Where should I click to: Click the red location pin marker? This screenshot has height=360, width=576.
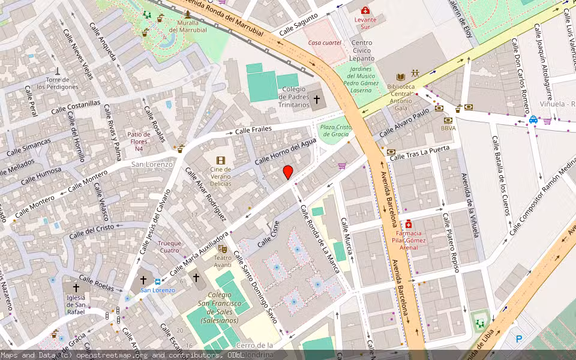pyautogui.click(x=288, y=172)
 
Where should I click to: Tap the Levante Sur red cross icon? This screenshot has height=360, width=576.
pyautogui.click(x=365, y=10)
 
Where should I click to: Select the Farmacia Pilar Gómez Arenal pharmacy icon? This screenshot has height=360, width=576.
pyautogui.click(x=409, y=224)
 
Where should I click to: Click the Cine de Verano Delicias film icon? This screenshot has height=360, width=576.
pyautogui.click(x=221, y=160)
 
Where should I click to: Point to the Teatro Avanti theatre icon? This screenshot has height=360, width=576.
pyautogui.click(x=223, y=248)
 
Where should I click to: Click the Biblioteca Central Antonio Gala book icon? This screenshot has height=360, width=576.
pyautogui.click(x=400, y=76)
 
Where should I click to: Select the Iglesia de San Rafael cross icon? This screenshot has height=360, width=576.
pyautogui.click(x=76, y=287)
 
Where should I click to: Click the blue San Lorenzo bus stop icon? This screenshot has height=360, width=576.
pyautogui.click(x=157, y=281)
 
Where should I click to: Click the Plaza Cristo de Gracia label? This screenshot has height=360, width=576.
pyautogui.click(x=335, y=130)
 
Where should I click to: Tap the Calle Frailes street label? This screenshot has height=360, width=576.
pyautogui.click(x=253, y=130)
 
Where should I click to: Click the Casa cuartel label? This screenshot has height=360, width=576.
pyautogui.click(x=325, y=43)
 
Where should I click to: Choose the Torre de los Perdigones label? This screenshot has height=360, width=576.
pyautogui.click(x=58, y=83)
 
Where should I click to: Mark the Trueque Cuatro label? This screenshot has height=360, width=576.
pyautogui.click(x=169, y=247)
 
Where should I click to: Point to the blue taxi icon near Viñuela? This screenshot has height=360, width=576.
pyautogui.click(x=533, y=119)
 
